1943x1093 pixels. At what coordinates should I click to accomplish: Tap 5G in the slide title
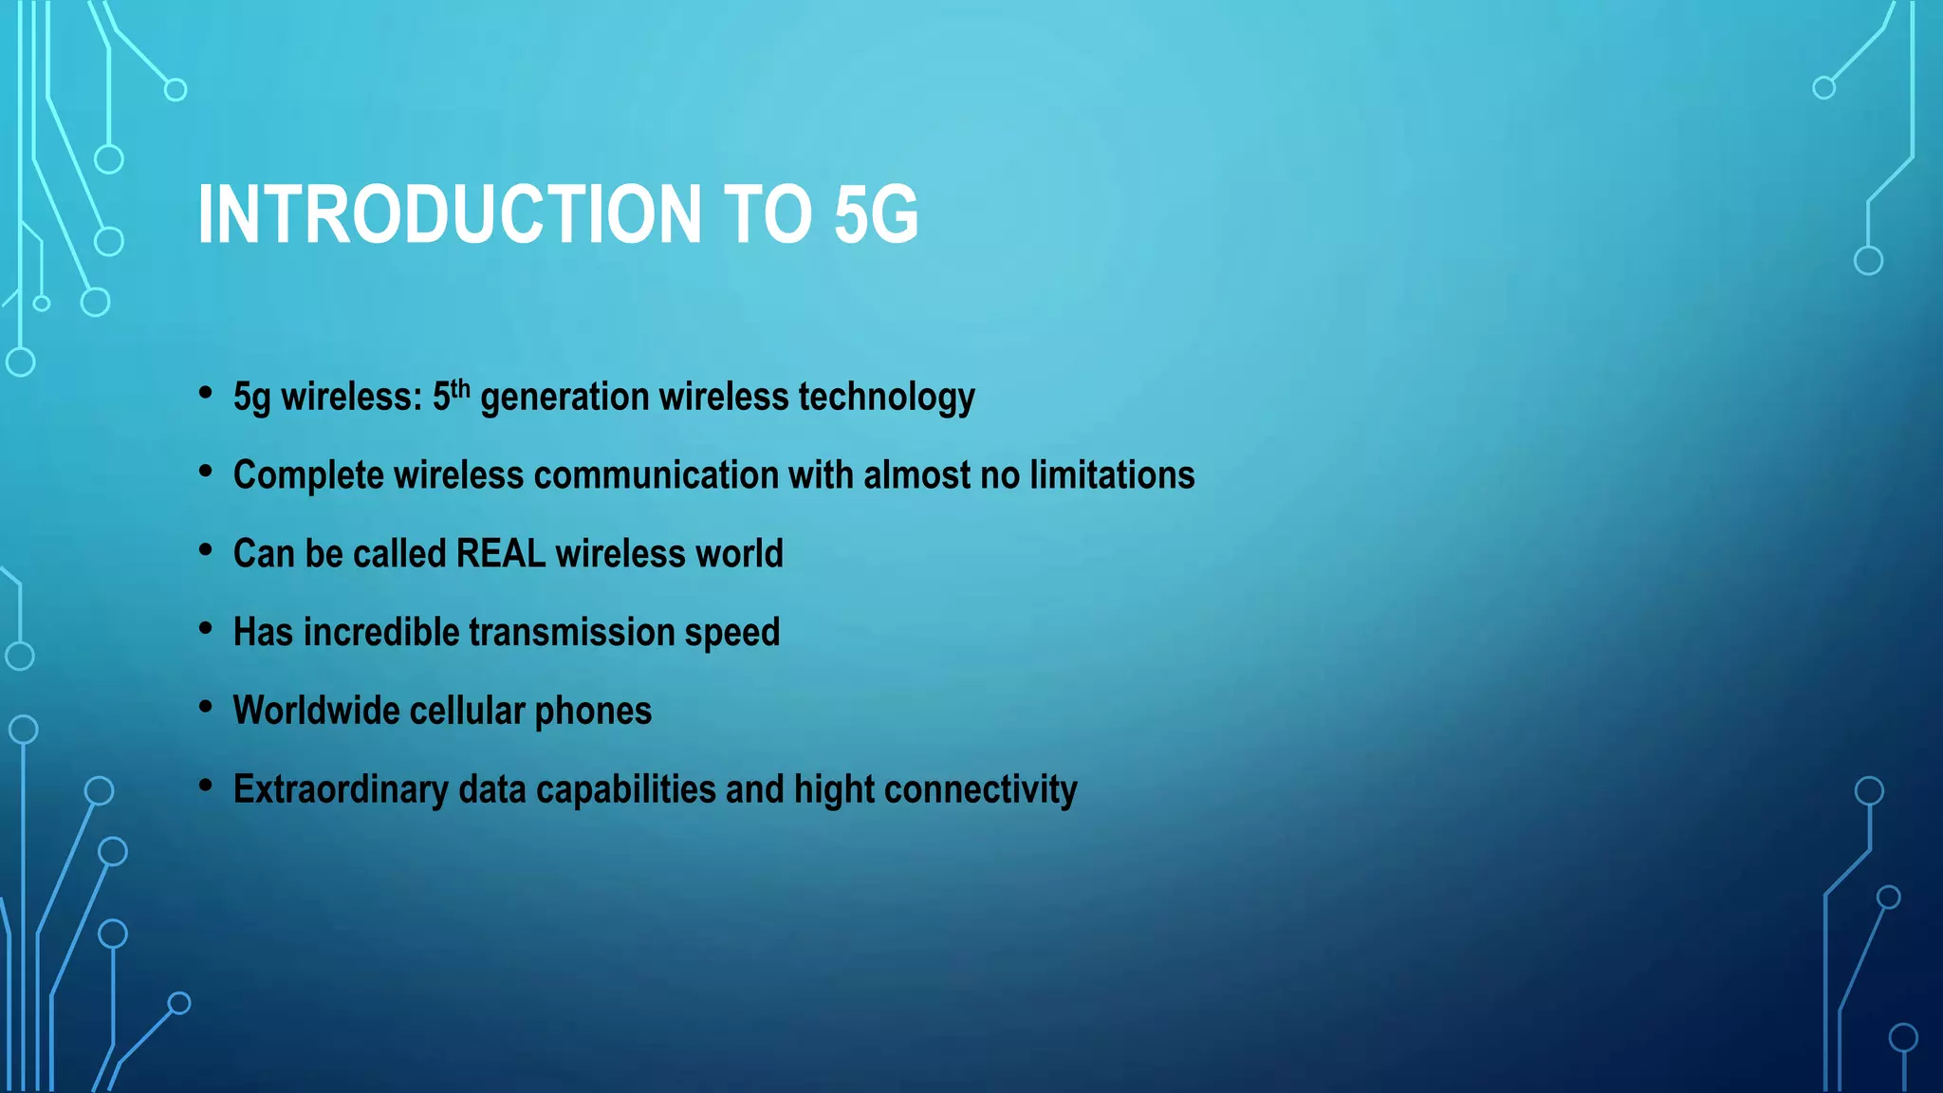point(876,214)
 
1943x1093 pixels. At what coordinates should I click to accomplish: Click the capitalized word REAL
point(500,554)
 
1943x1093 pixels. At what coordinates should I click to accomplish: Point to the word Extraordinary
point(341,790)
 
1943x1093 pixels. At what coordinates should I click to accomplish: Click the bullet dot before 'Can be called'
point(206,550)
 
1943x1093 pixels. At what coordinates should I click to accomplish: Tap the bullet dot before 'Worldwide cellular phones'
point(206,707)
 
